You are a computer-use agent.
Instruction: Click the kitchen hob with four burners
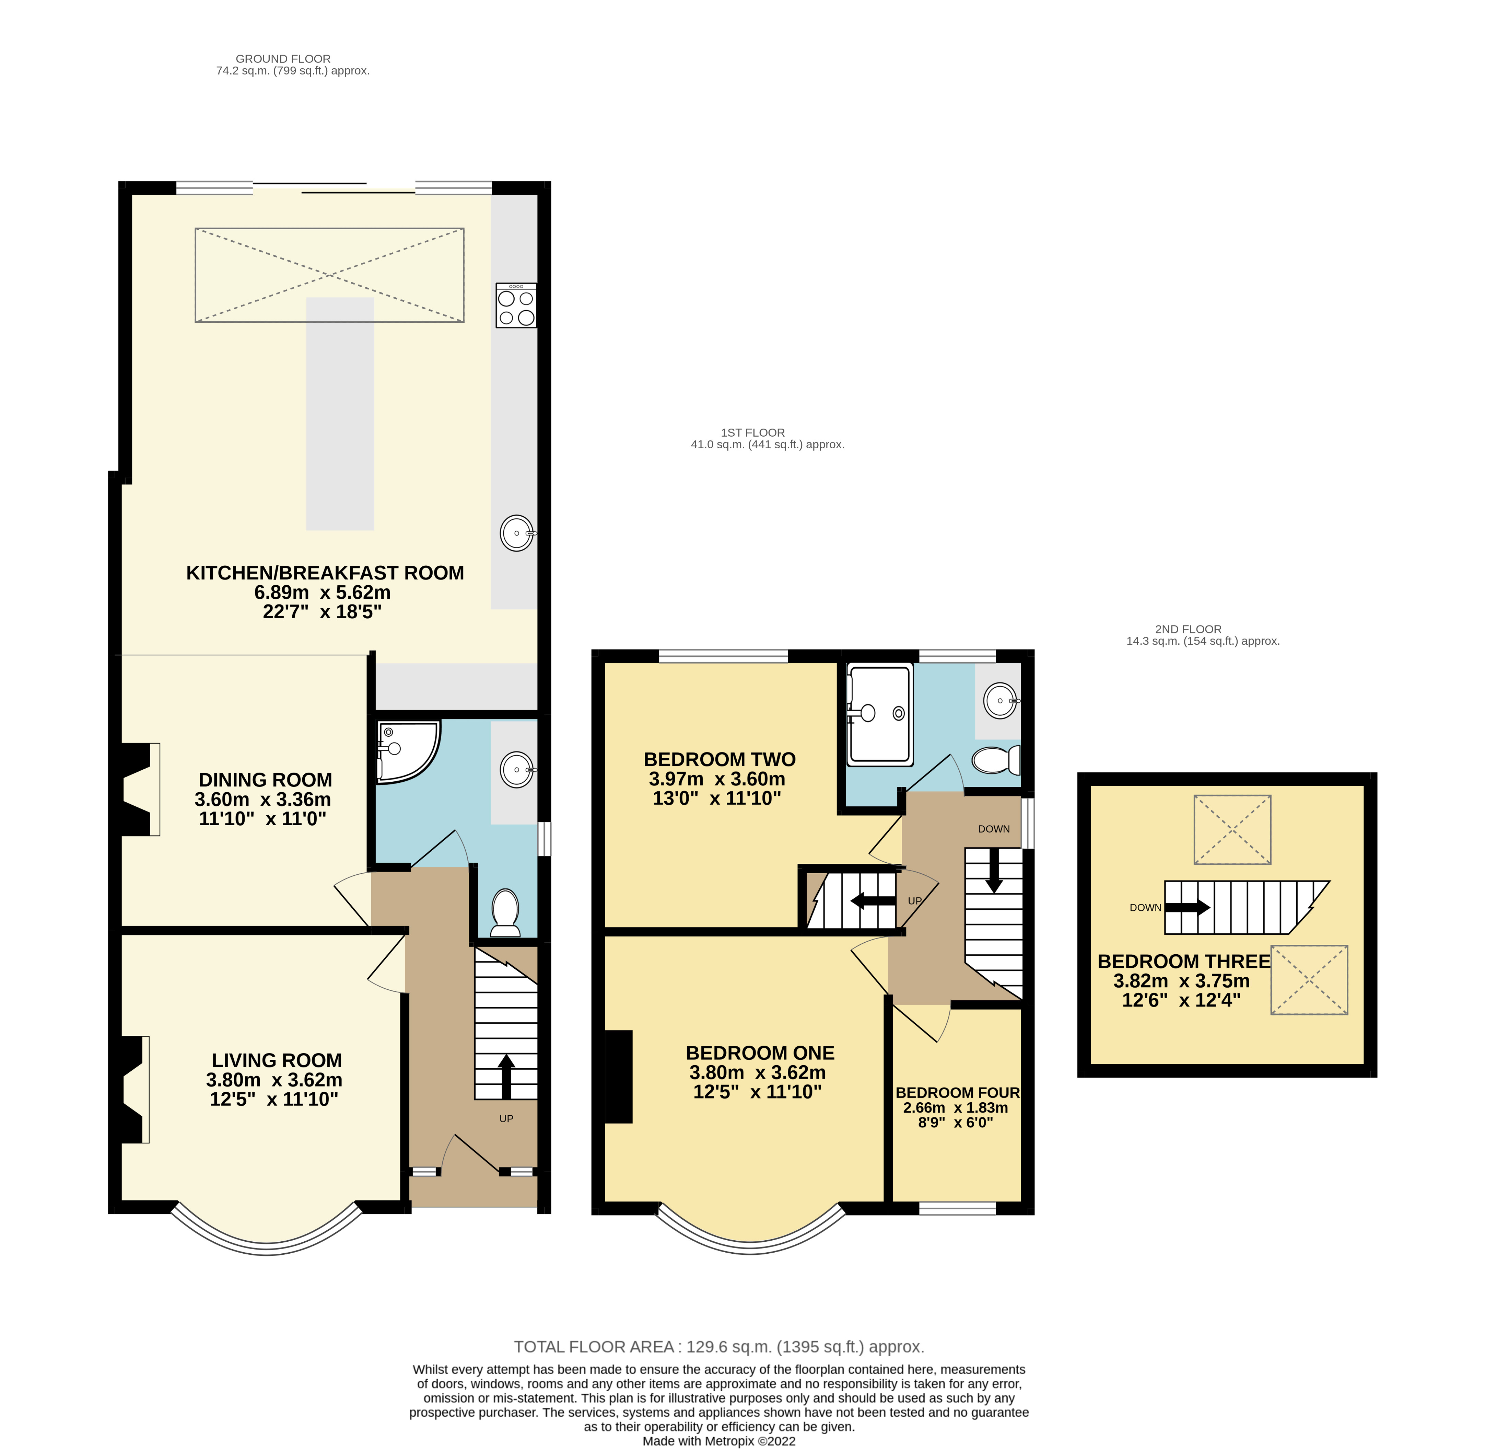click(516, 305)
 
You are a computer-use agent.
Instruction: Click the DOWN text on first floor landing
click(994, 829)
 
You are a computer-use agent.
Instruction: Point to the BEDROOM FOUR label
click(957, 1092)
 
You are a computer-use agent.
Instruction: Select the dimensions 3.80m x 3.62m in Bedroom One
click(757, 1072)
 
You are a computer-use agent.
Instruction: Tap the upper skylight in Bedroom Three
click(1232, 829)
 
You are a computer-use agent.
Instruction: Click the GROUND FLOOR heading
click(283, 59)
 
